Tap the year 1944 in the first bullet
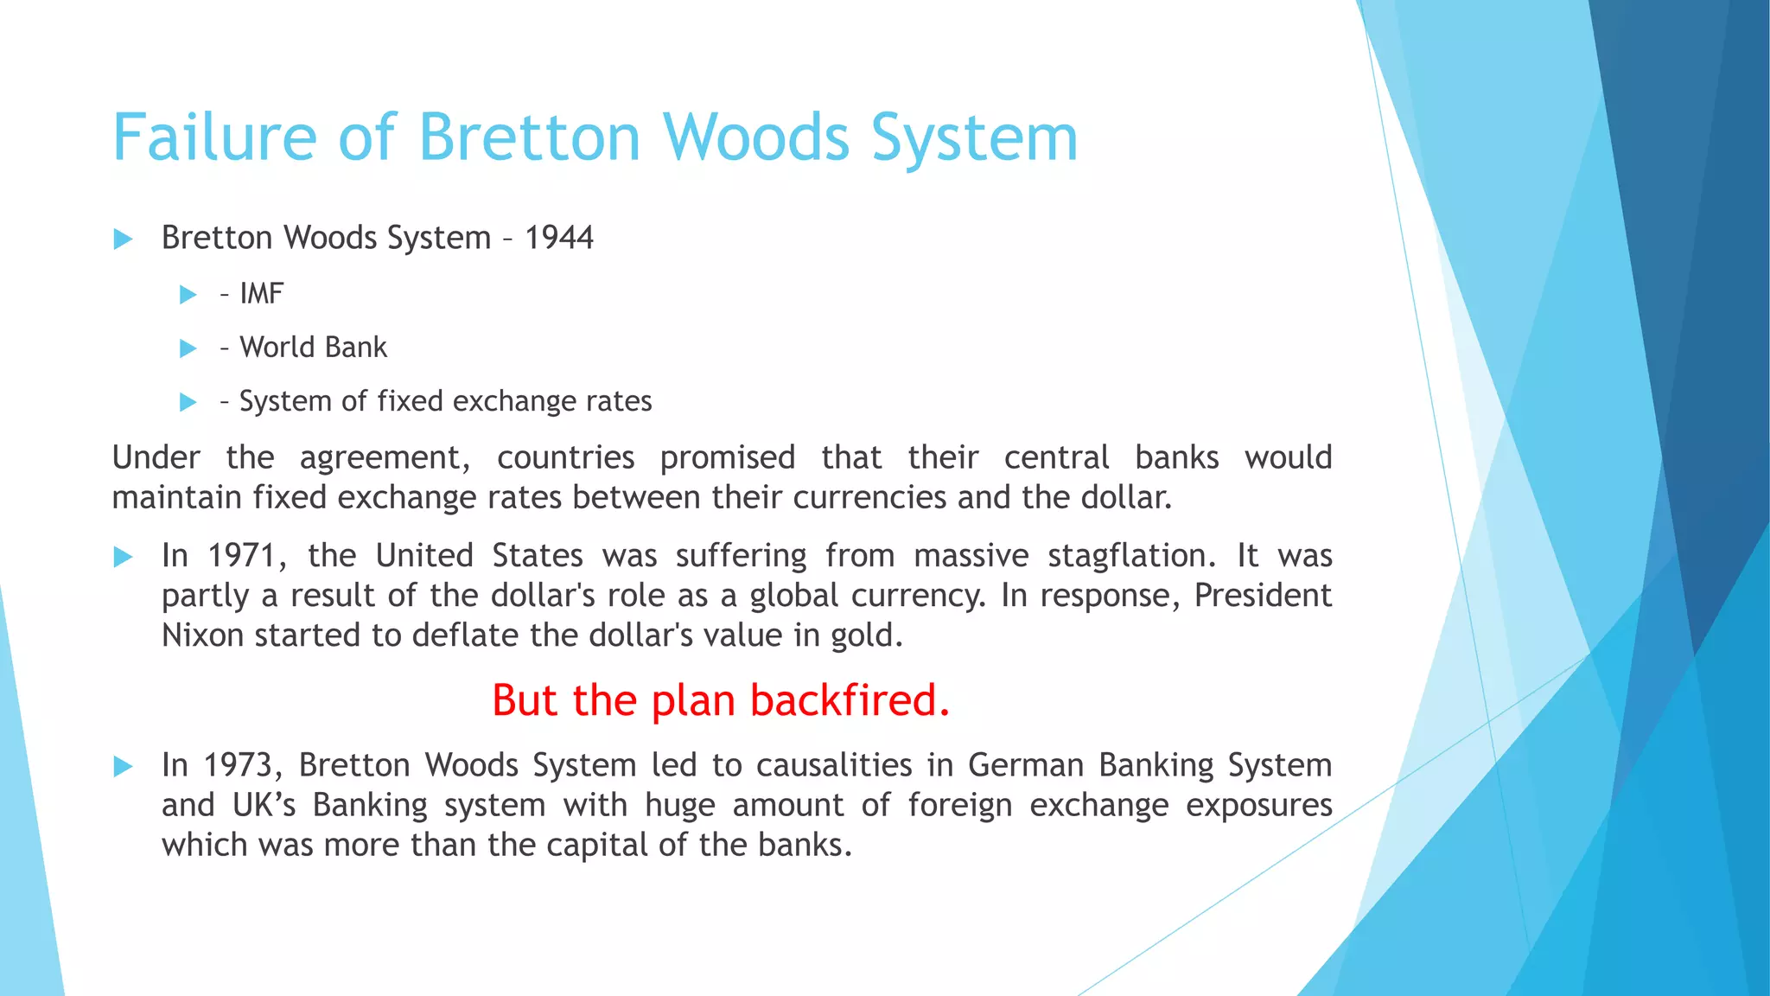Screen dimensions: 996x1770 coord(559,238)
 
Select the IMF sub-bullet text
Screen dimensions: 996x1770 coord(261,294)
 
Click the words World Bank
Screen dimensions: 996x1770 coord(313,348)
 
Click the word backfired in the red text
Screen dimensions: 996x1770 coord(850,699)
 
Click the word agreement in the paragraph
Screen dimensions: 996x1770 coord(384,457)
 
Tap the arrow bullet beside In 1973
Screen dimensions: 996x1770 coord(123,766)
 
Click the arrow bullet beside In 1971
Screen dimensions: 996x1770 coord(123,557)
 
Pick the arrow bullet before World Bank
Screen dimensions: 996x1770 coord(188,348)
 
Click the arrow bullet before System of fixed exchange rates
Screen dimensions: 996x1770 coord(188,402)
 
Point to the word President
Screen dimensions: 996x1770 coord(1263,596)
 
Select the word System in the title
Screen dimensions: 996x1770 coord(975,137)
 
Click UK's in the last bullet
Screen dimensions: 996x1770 coord(264,805)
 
